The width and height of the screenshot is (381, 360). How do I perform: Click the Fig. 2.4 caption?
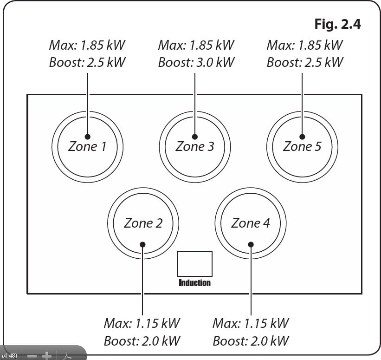[x=337, y=24]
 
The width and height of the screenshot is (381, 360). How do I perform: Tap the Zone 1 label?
[x=87, y=147]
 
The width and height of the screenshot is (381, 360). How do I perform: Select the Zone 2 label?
[x=143, y=223]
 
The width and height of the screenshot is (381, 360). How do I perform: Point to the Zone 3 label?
[x=195, y=147]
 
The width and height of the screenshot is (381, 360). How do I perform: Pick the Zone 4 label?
[x=251, y=223]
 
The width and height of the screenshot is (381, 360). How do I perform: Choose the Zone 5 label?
[x=302, y=147]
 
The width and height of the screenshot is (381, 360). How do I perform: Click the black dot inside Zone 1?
[x=87, y=137]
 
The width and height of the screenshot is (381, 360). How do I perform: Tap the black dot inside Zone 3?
[x=195, y=137]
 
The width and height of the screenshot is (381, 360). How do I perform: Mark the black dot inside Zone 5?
[x=302, y=137]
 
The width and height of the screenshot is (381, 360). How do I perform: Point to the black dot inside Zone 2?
[x=142, y=244]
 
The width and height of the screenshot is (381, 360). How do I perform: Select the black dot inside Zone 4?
[x=251, y=244]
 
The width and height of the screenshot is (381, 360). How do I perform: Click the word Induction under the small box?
[x=195, y=283]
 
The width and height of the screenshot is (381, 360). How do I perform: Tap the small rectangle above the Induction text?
[x=195, y=264]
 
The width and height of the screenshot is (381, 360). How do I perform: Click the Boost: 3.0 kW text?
[x=196, y=62]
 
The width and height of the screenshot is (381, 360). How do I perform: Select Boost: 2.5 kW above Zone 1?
[x=87, y=62]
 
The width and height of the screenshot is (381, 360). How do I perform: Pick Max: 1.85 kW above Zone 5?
[x=305, y=45]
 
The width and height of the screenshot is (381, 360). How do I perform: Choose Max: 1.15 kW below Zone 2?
[x=142, y=323]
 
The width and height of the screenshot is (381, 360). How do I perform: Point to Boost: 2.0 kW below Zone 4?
[x=251, y=340]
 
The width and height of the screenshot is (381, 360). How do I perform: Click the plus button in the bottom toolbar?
[x=47, y=356]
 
